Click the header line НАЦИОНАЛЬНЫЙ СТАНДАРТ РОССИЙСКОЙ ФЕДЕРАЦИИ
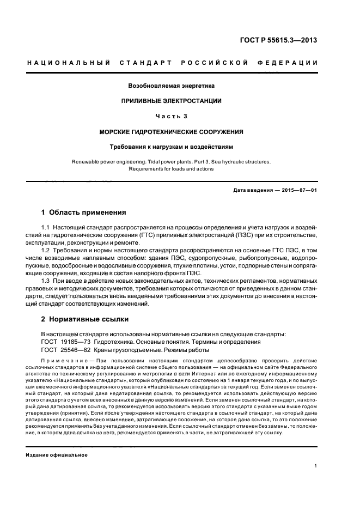pos(172,63)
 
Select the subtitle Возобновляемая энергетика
pos(172,86)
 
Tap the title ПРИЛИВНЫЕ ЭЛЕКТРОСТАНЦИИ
pos(172,101)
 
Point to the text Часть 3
pos(172,116)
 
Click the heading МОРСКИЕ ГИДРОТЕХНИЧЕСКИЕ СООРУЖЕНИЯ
pos(172,132)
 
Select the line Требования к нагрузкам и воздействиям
pos(172,147)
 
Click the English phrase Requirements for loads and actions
pos(172,169)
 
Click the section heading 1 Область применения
pos(84,212)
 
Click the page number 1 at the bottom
pos(316,466)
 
